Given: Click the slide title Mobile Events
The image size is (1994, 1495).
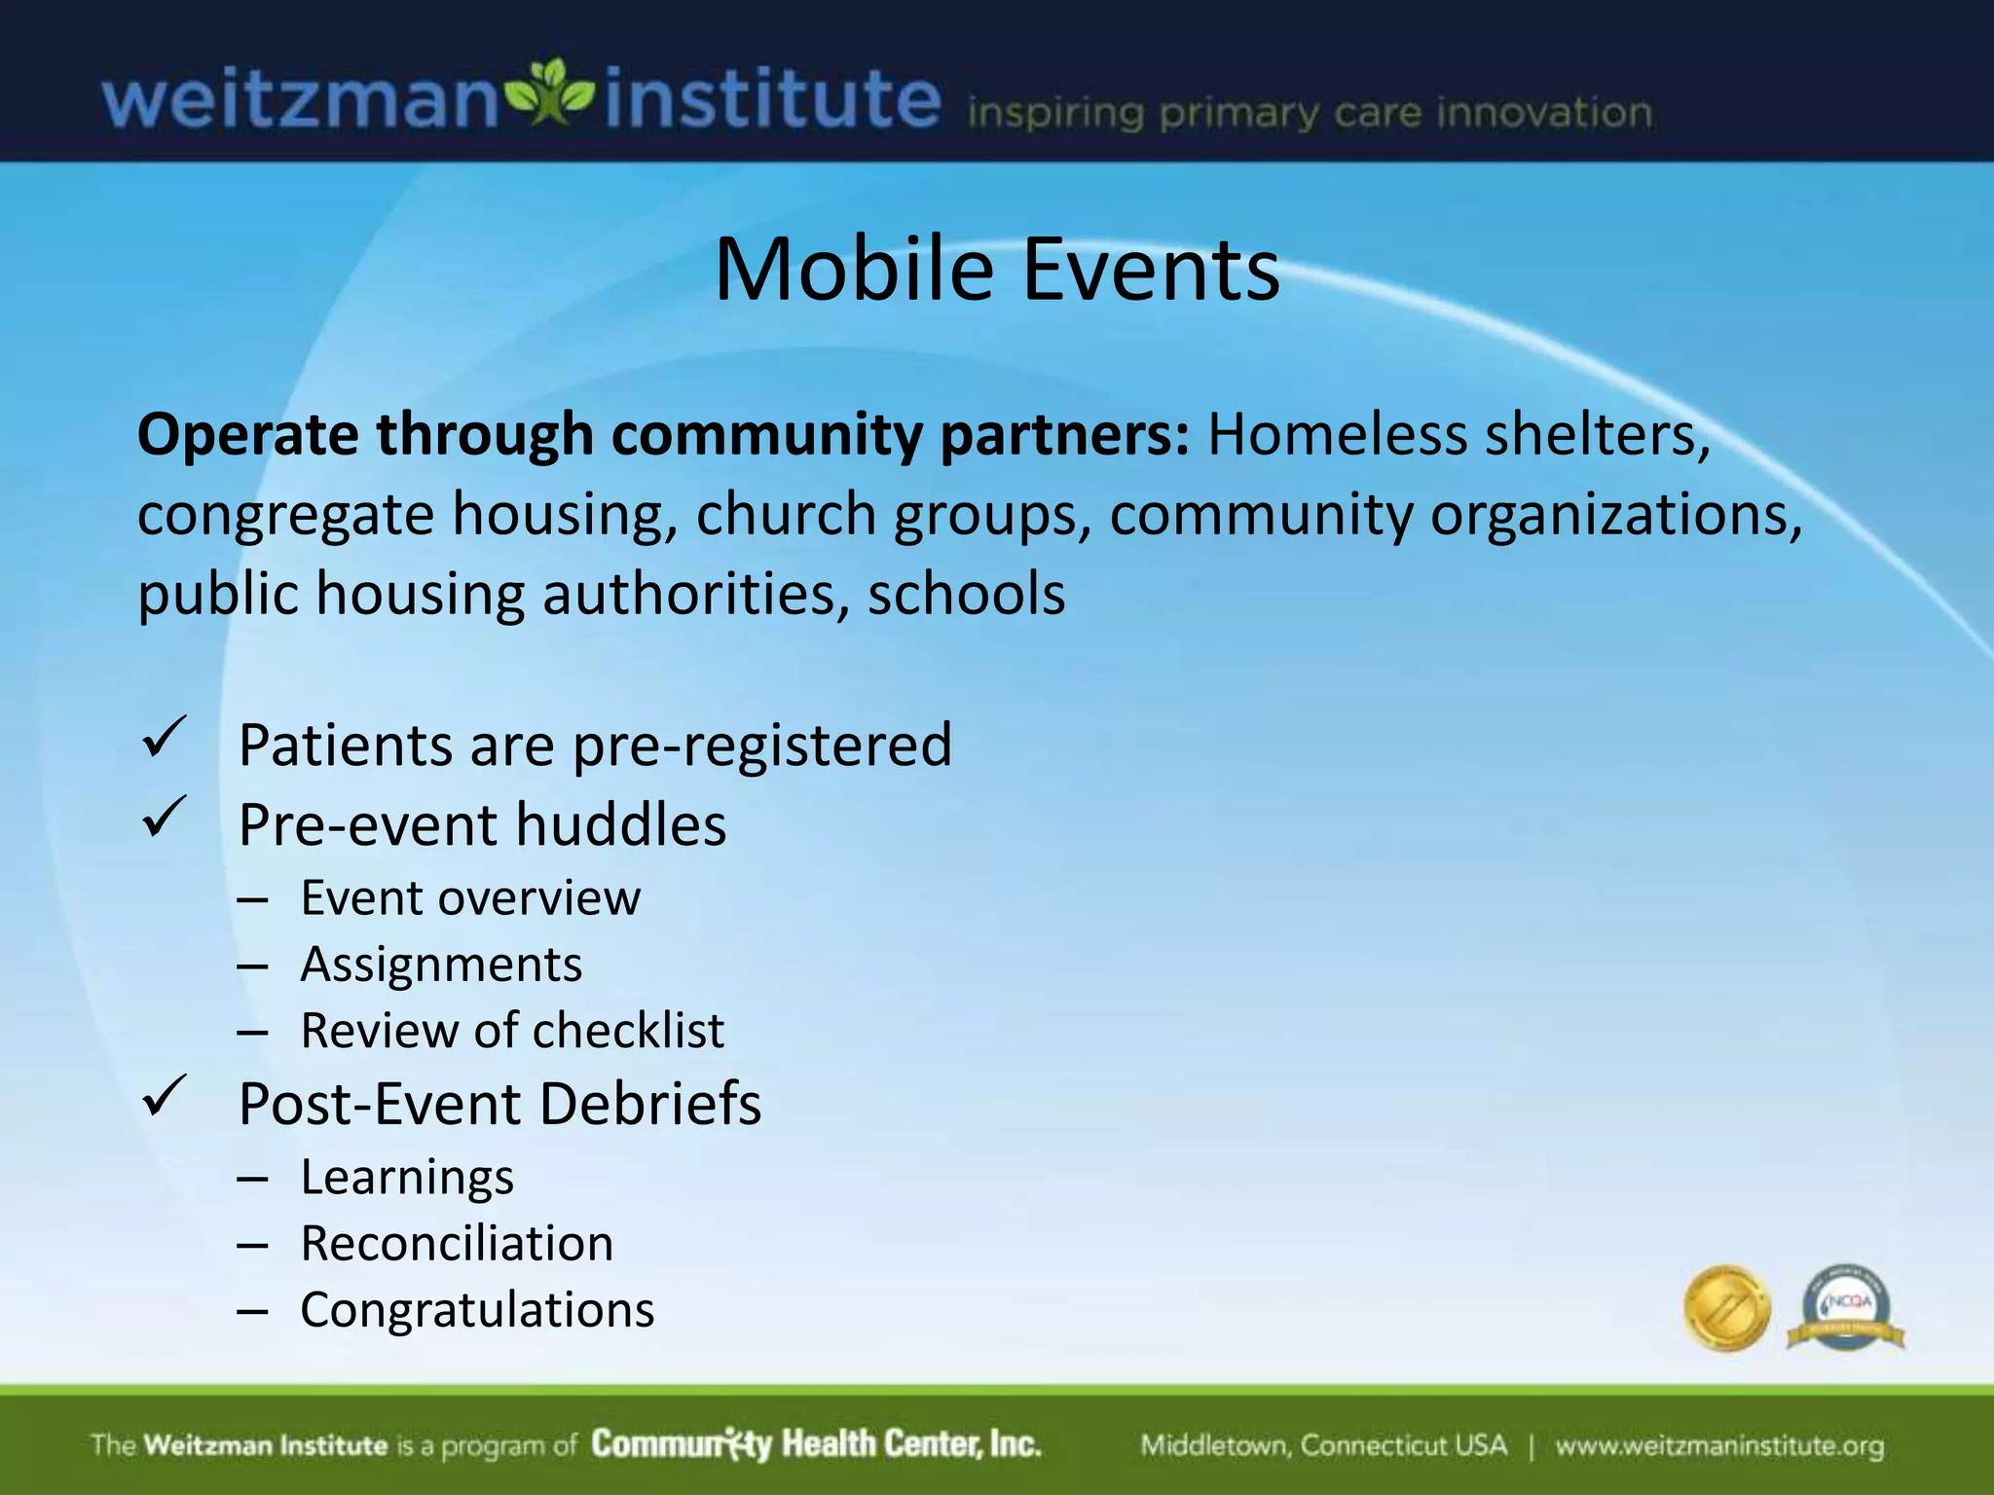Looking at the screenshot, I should (997, 270).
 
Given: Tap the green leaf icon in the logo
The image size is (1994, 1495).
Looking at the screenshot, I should (551, 92).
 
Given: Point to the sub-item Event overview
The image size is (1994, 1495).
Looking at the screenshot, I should (470, 897).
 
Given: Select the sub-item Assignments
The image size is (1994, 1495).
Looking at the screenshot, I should (441, 965).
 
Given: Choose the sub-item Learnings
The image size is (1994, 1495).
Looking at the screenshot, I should (407, 1177).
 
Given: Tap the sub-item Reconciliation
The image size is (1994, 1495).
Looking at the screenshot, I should (457, 1244).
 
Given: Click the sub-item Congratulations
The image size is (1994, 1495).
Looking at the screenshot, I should (477, 1310).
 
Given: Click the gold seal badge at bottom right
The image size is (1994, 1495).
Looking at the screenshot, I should (1726, 1308).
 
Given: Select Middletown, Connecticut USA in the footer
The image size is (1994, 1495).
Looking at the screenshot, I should (1323, 1445).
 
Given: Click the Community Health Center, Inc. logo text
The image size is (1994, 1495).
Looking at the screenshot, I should (816, 1444).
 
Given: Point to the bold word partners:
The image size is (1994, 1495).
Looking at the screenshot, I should (1064, 434).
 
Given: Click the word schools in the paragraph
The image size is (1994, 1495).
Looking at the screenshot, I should (966, 594).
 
